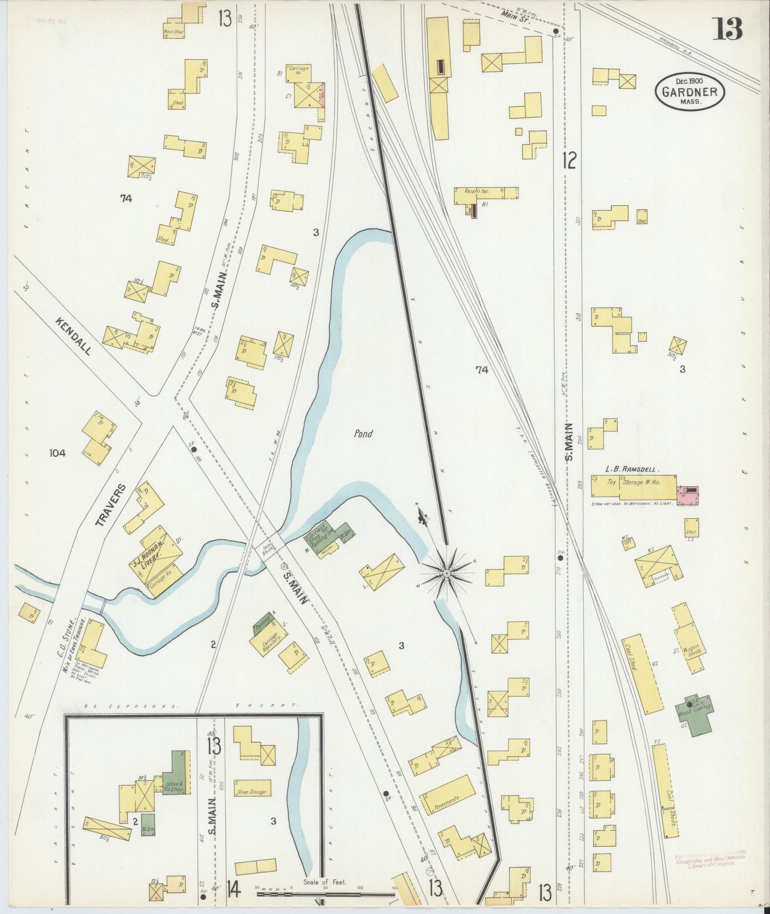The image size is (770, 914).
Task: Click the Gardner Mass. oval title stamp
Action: coord(690,91)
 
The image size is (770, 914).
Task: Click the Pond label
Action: coord(363,434)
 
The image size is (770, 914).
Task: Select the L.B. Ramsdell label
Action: coord(633,470)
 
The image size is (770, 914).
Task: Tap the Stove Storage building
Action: coord(252,792)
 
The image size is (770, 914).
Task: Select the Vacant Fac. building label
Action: coord(477,191)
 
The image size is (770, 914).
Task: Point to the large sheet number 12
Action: coord(569,159)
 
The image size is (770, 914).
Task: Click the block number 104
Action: coord(57,453)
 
